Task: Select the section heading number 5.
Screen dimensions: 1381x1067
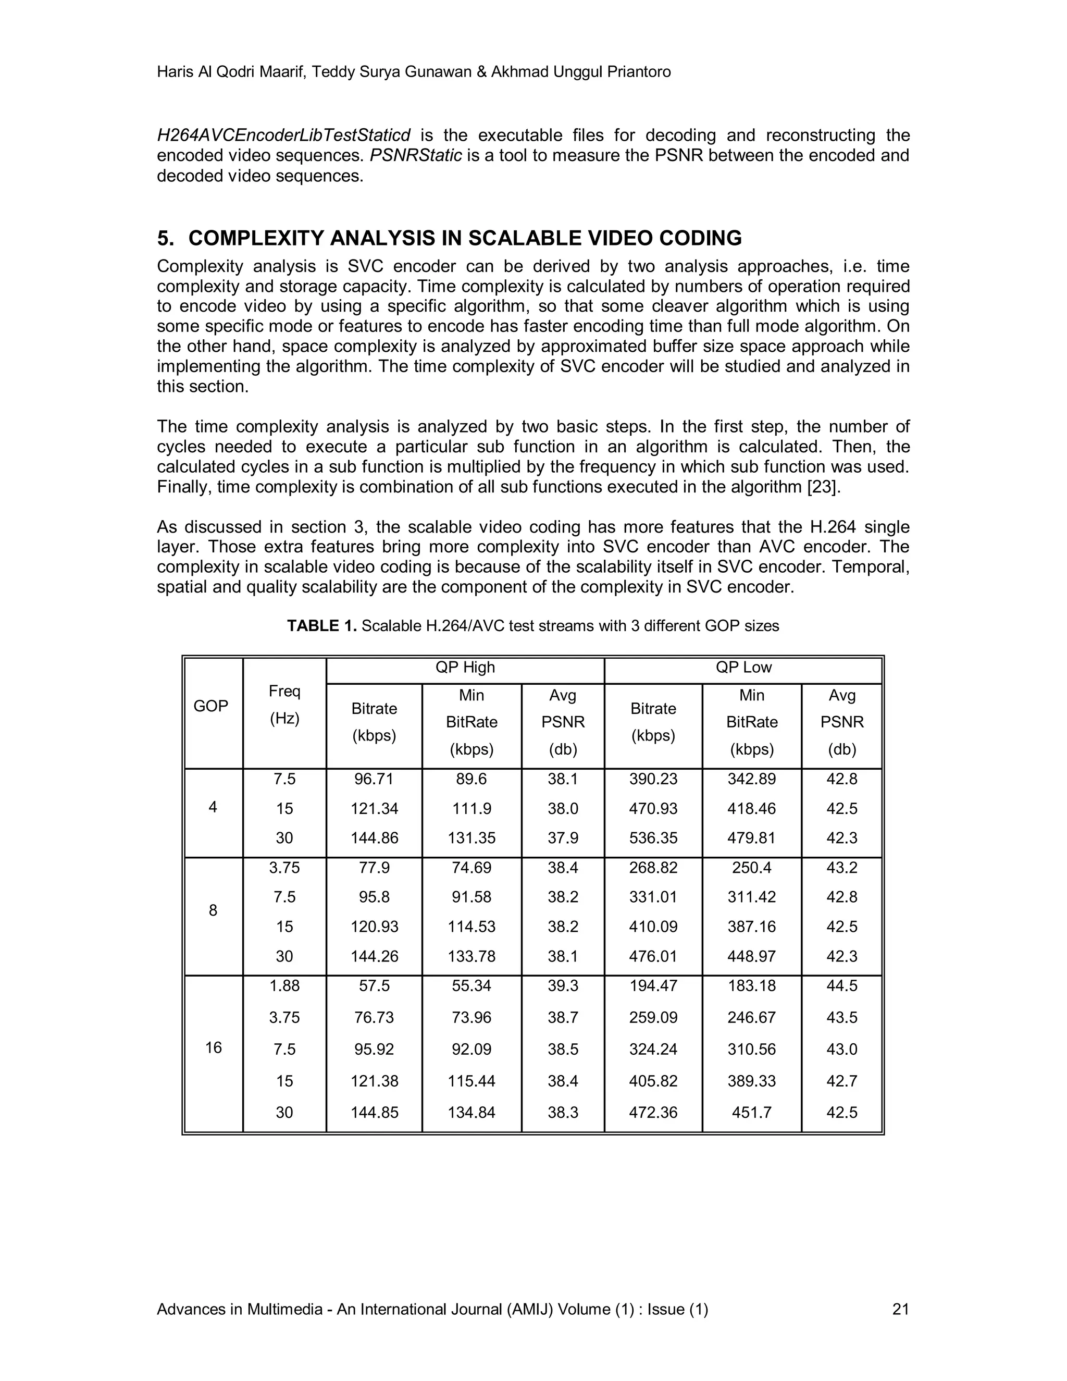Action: pos(165,238)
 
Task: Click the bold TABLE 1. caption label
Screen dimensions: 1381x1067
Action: pos(322,626)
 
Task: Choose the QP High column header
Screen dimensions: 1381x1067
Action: pos(465,668)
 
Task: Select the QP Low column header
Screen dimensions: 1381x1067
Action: pos(743,668)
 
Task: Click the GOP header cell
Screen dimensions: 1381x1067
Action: pos(210,706)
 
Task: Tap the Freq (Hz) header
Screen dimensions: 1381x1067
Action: pos(284,705)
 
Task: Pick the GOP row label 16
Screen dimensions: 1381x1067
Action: pos(214,1048)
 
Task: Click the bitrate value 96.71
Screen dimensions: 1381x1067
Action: pos(374,779)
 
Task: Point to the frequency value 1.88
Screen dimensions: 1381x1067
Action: pos(284,986)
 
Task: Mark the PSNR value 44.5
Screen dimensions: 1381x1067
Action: pos(841,986)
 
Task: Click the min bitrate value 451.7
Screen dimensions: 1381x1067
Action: pos(752,1112)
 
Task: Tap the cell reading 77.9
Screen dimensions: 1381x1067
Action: pos(374,868)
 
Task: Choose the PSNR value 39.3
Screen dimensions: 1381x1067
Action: pos(563,986)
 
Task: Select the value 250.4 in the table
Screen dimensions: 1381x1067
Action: pos(752,868)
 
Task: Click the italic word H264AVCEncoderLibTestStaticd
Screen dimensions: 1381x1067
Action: pos(284,135)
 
